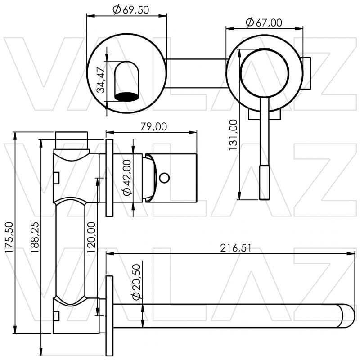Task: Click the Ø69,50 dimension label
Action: click(x=130, y=9)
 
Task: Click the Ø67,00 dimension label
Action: click(x=264, y=22)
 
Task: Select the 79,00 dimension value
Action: click(x=153, y=126)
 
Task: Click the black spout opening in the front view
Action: click(x=127, y=95)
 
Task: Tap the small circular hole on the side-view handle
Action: click(x=165, y=178)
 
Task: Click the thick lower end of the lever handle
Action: click(x=265, y=182)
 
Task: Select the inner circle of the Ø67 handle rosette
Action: click(x=264, y=72)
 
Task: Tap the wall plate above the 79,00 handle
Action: click(x=109, y=178)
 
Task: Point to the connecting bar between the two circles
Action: click(x=196, y=72)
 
